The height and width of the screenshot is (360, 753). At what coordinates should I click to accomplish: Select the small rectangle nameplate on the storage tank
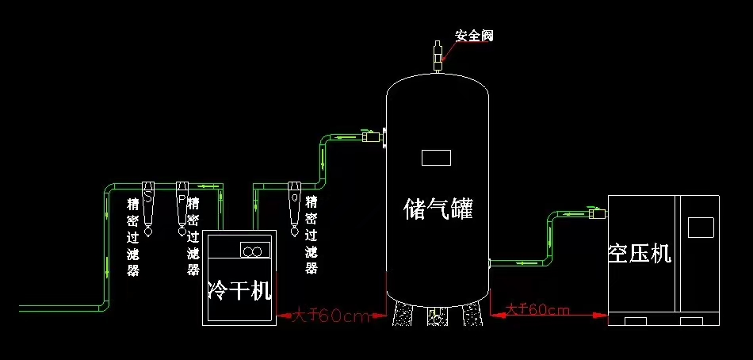click(x=436, y=157)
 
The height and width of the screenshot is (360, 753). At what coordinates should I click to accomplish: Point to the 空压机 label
click(x=640, y=253)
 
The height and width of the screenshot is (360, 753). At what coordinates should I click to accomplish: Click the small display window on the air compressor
click(x=701, y=227)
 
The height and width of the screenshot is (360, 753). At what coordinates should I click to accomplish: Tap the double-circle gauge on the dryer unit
click(x=252, y=251)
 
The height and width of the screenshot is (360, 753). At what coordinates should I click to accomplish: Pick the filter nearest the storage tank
click(x=295, y=208)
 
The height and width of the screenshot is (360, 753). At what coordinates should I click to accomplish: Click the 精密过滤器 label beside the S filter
click(x=133, y=236)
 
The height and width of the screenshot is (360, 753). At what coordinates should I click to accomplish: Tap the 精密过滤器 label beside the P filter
click(x=193, y=236)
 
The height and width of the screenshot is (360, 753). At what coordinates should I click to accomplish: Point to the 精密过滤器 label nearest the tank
click(x=312, y=236)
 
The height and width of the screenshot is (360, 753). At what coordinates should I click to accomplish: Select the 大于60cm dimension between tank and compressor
click(x=537, y=310)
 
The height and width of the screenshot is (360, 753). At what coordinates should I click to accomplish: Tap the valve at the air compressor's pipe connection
click(x=597, y=212)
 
